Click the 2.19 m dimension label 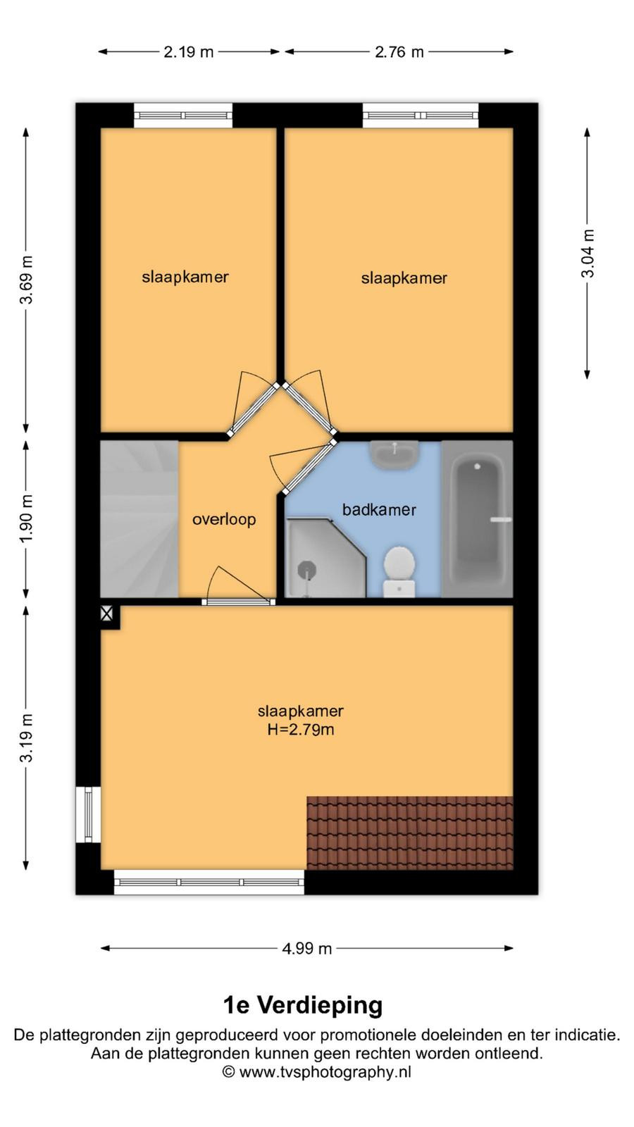point(188,52)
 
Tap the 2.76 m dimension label point(399,52)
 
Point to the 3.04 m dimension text point(588,253)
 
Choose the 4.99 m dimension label point(307,948)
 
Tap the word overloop point(225,520)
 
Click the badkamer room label point(380,510)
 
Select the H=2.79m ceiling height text point(300,729)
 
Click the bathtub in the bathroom point(478,518)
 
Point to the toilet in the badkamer point(399,571)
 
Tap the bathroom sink point(395,454)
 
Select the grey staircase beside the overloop point(139,518)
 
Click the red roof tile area point(410,833)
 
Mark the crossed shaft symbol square point(106,614)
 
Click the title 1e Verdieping point(303,1004)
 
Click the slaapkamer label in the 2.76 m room point(404,278)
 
